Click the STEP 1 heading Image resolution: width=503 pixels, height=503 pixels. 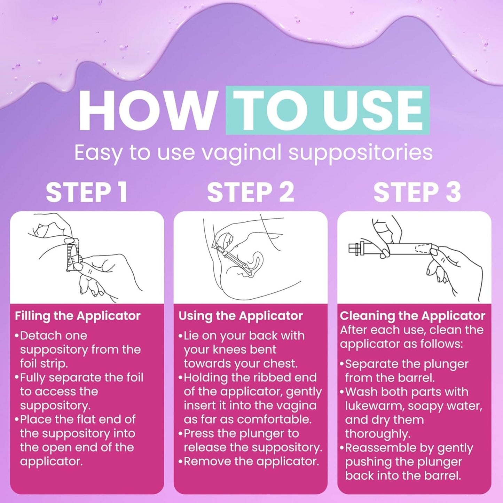tap(87, 192)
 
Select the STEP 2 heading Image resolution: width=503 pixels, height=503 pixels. tap(251, 192)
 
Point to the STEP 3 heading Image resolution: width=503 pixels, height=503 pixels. tap(417, 192)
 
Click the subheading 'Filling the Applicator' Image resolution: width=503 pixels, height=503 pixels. tap(78, 316)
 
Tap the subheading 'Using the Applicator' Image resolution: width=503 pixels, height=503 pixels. tap(241, 316)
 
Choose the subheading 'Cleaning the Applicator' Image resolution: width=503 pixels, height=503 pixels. tap(412, 316)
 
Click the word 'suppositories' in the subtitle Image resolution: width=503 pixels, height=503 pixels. tap(361, 153)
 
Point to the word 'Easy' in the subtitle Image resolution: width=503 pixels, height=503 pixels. tap(98, 153)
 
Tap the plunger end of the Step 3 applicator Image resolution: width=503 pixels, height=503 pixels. tap(355, 249)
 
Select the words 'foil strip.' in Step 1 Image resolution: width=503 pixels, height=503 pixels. tap(44, 363)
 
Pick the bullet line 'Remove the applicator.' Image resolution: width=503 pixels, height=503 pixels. tap(249, 462)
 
